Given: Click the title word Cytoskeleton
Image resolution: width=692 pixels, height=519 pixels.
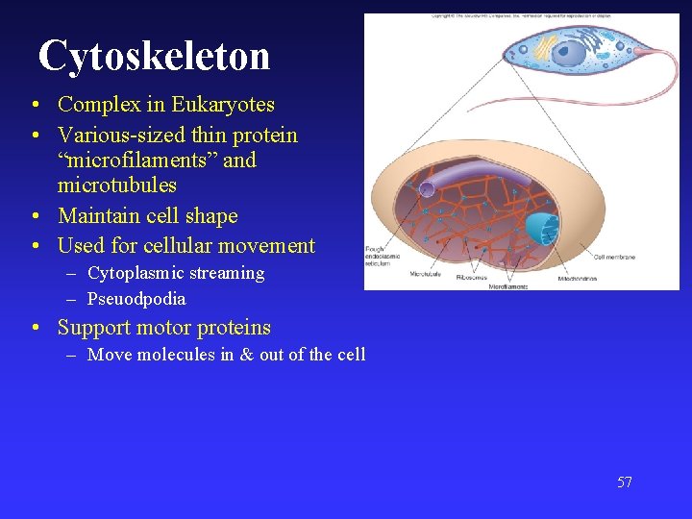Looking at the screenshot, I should tap(154, 56).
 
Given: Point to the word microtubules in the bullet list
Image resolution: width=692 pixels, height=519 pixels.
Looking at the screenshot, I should tap(117, 184).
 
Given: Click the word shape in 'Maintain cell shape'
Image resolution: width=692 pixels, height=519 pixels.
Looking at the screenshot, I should tap(210, 216).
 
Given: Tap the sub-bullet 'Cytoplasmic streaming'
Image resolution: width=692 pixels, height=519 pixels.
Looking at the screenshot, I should tap(175, 273).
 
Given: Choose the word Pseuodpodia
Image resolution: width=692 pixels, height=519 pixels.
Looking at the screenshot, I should tap(136, 299).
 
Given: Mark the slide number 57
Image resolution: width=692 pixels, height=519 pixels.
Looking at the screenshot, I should tap(625, 482).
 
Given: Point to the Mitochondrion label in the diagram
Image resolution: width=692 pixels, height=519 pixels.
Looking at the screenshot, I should tap(576, 279).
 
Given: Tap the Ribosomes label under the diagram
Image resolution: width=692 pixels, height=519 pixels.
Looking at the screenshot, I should tap(471, 278).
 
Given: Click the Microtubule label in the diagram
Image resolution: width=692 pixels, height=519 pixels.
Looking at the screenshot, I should tap(426, 274).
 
